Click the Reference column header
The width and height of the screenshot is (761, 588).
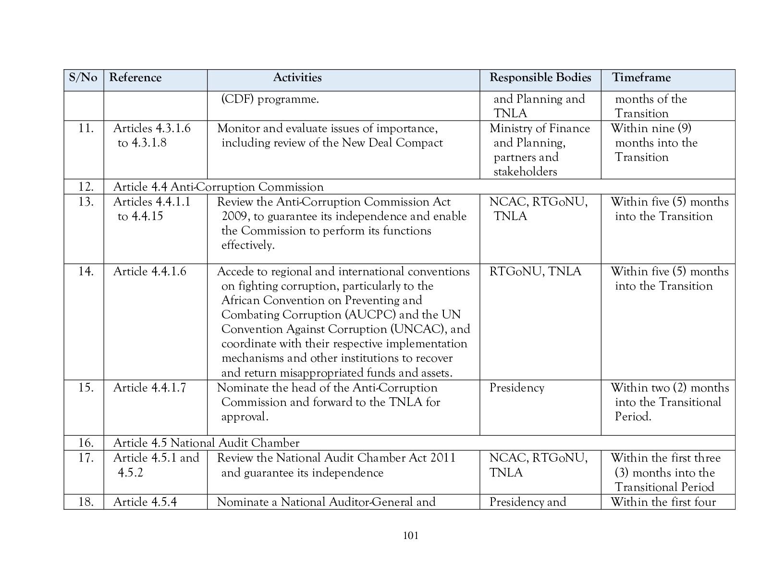[135, 78]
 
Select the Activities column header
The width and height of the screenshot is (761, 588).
[297, 78]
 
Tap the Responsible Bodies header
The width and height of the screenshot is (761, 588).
[540, 78]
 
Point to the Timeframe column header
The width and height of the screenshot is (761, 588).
[641, 78]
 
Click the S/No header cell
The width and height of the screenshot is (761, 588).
[83, 78]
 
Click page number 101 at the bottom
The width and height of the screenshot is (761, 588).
[411, 536]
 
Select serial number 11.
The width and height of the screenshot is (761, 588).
[86, 128]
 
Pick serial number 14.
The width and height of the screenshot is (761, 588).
[86, 271]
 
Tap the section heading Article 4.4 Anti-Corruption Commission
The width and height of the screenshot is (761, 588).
[218, 187]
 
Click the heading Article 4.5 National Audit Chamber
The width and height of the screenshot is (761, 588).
[206, 443]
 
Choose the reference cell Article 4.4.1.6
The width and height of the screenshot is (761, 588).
[149, 271]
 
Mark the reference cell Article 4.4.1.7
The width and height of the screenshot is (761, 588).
[149, 388]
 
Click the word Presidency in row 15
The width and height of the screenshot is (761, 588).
[516, 388]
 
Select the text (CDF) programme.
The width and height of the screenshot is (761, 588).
[270, 99]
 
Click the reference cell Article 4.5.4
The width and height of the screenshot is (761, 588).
[145, 502]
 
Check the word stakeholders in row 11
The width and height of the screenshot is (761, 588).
[525, 172]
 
